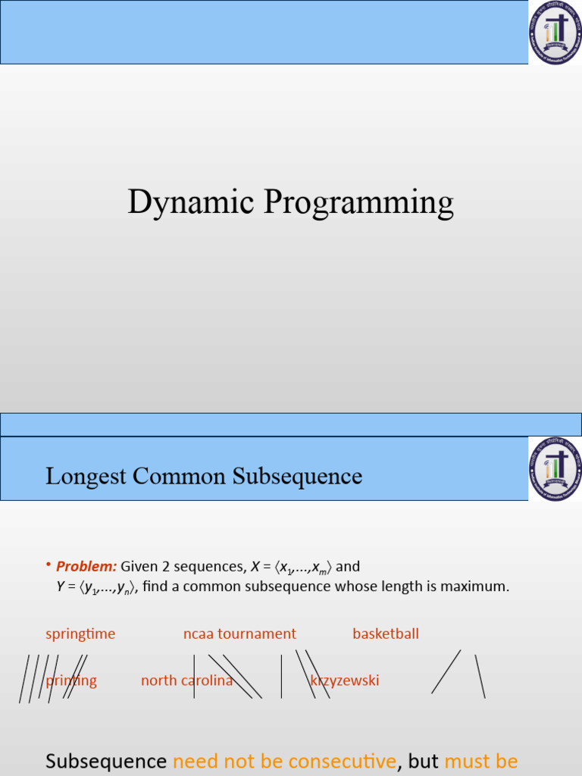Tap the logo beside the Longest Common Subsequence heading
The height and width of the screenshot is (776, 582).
(x=555, y=468)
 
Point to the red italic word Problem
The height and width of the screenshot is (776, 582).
(x=86, y=567)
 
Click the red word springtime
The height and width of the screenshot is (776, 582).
(x=80, y=634)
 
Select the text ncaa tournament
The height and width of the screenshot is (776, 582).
(x=239, y=634)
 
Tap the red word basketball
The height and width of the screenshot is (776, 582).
(x=385, y=634)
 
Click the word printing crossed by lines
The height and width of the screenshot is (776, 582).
(x=71, y=681)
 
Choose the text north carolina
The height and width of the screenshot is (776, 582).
(x=186, y=681)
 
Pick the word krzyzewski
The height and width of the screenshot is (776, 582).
(x=345, y=681)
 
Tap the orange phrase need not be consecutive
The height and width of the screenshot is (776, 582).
(x=284, y=760)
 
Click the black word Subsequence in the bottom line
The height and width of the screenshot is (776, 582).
(x=106, y=760)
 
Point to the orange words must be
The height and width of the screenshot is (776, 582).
(x=480, y=760)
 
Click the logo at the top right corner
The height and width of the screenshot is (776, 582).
(x=555, y=32)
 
